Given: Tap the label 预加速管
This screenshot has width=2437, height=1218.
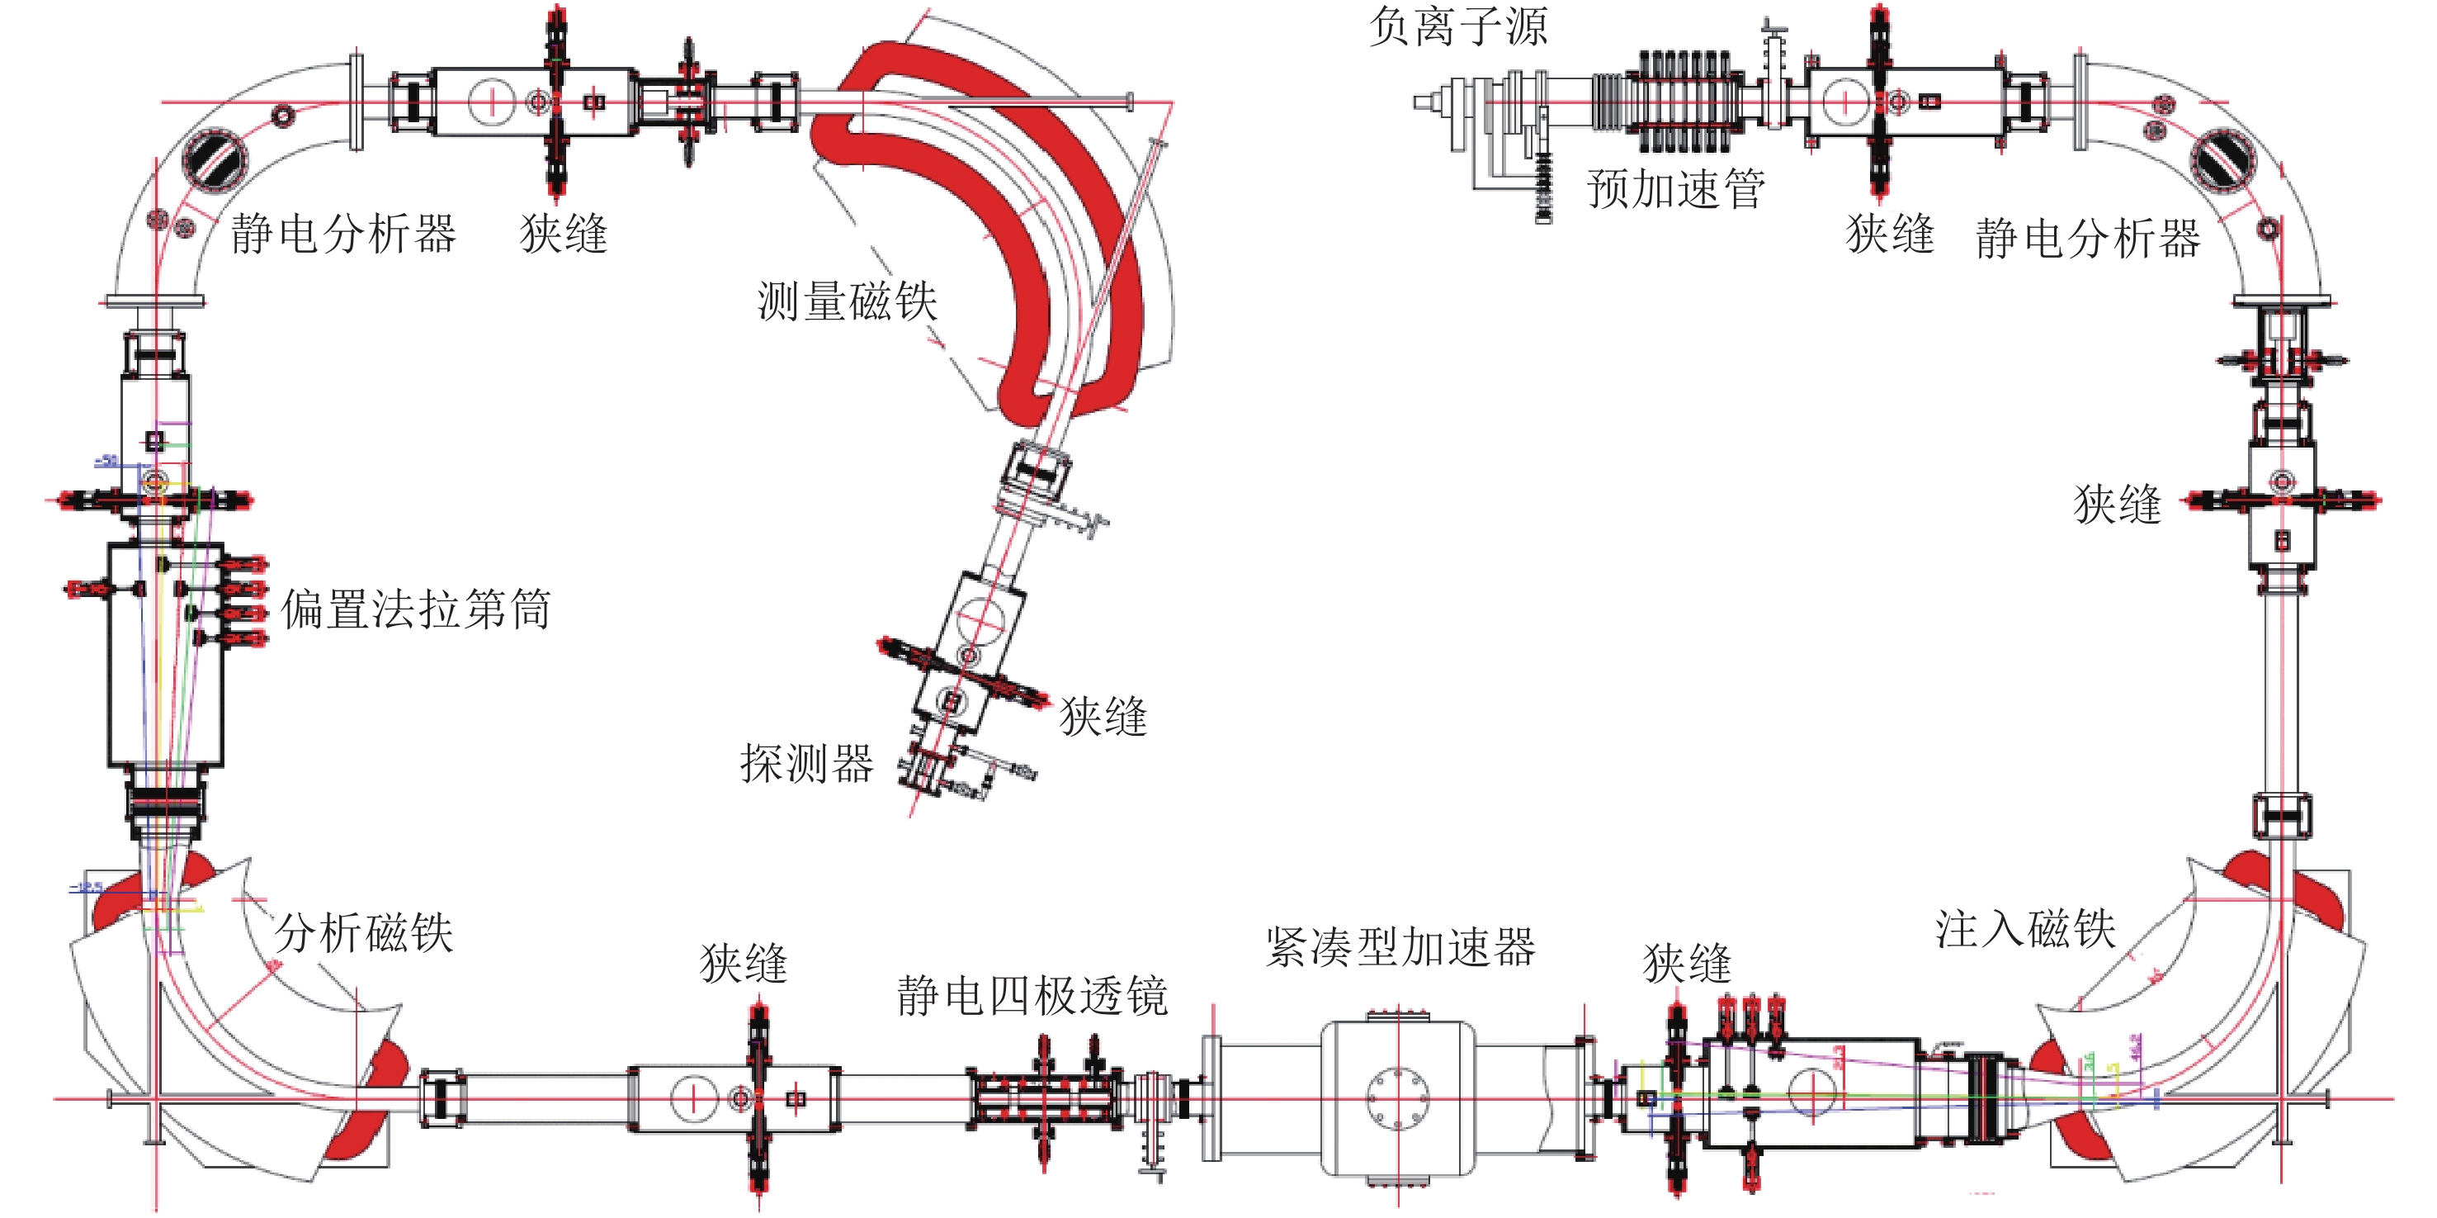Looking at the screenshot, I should [x=1674, y=189].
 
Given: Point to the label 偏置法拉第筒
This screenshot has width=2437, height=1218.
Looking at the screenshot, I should [x=415, y=609].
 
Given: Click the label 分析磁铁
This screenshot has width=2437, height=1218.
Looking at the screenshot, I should [x=364, y=933].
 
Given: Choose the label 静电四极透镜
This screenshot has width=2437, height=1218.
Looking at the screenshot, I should [x=1032, y=996].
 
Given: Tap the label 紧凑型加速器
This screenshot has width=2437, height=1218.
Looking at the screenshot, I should [x=1400, y=947].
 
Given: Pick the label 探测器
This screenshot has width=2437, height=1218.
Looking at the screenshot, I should [x=806, y=764].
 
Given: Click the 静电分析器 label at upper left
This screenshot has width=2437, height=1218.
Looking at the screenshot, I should [x=342, y=234].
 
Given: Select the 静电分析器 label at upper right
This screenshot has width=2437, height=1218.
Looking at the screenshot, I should [x=2088, y=238].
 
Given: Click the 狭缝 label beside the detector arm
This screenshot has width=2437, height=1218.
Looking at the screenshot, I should [x=1103, y=717].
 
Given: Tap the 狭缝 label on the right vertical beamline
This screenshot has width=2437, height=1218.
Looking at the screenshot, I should [x=2118, y=504].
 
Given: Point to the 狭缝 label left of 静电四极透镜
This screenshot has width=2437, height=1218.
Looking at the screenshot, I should [x=744, y=964].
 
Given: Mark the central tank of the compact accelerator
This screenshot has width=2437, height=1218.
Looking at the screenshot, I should [x=1397, y=1097].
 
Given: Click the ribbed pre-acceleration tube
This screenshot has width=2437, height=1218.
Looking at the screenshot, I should [x=1688, y=102].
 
